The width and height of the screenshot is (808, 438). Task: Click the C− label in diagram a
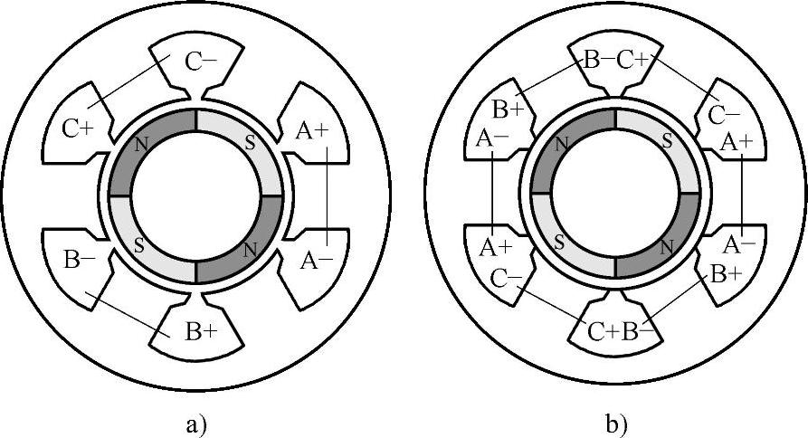(201, 62)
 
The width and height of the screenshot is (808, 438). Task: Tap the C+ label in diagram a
(77, 129)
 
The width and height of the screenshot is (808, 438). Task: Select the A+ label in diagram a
(313, 130)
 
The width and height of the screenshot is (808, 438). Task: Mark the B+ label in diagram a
(201, 331)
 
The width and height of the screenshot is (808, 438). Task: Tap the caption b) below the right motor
(614, 422)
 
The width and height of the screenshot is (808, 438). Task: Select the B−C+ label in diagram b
(617, 60)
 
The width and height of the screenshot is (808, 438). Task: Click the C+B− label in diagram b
(619, 332)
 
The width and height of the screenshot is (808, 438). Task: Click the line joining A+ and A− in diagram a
(328, 195)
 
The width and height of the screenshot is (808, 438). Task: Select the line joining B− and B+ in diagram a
(127, 315)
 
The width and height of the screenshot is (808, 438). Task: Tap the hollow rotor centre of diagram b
(615, 195)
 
